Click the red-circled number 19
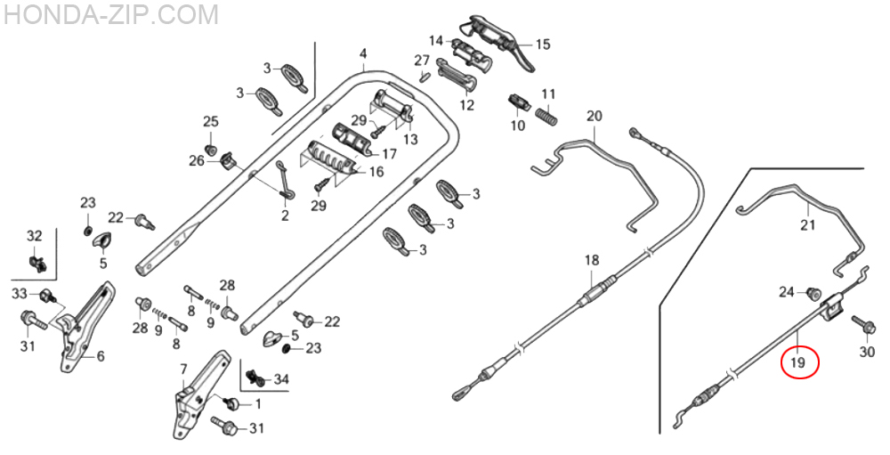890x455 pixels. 797,362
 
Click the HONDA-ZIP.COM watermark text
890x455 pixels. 111,14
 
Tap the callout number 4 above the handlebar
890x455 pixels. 363,54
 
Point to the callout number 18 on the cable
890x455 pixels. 592,260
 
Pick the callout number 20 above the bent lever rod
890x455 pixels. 595,117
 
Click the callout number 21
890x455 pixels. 807,224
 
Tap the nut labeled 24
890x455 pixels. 813,293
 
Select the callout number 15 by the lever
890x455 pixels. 542,44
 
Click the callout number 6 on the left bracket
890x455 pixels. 101,356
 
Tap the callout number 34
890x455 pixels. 281,380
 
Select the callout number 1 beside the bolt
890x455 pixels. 258,404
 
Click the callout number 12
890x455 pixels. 467,105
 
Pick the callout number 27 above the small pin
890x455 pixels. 422,60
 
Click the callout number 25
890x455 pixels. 210,122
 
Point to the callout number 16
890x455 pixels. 376,172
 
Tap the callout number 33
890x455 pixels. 20,294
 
